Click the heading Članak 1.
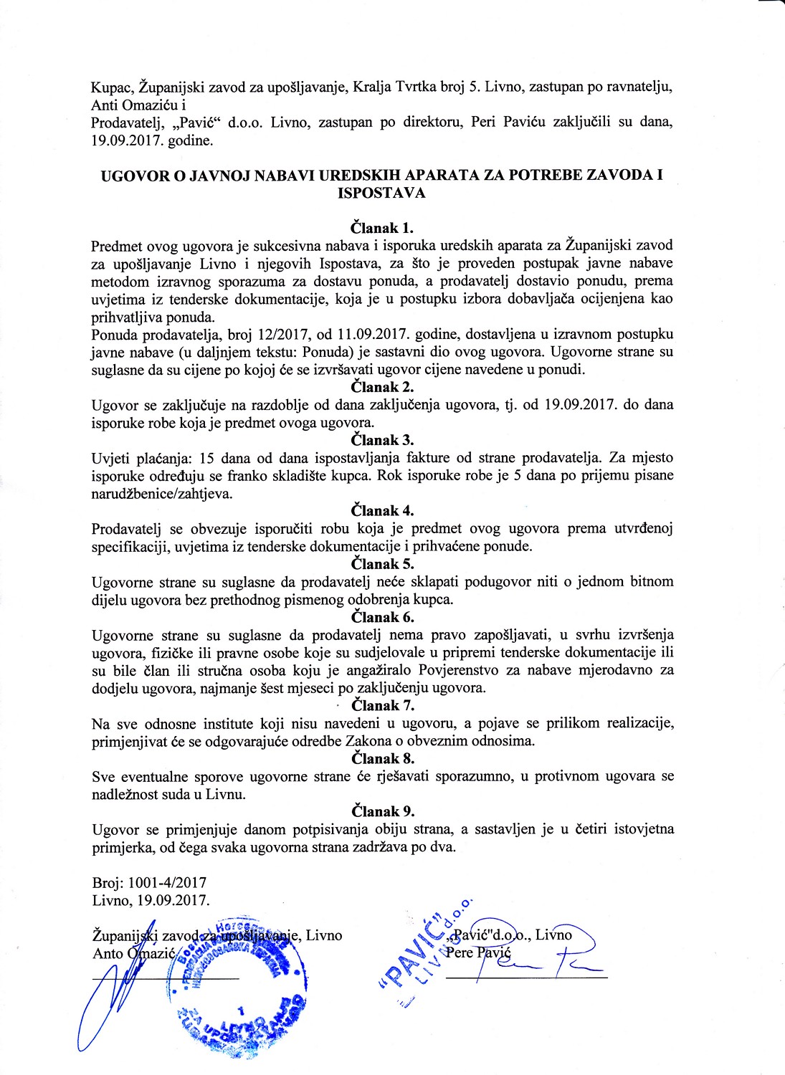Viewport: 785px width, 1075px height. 382,229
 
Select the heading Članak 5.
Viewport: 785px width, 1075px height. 382,564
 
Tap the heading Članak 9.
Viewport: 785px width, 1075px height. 382,811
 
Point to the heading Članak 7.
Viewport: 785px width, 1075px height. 382,705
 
